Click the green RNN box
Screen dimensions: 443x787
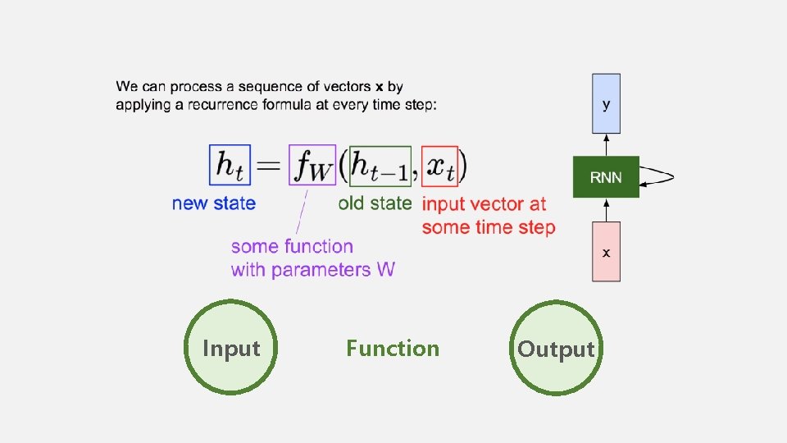pyautogui.click(x=606, y=177)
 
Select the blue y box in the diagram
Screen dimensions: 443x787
pyautogui.click(x=606, y=103)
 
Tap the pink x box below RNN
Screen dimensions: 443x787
pyautogui.click(x=606, y=251)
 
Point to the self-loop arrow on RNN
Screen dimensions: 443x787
pyautogui.click(x=661, y=176)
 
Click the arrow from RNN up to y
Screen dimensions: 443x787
pyautogui.click(x=606, y=144)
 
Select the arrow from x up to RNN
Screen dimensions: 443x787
pyautogui.click(x=606, y=209)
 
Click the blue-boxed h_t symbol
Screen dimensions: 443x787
pyautogui.click(x=230, y=166)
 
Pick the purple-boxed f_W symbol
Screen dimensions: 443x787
pyautogui.click(x=312, y=167)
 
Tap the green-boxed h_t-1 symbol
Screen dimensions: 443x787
pyautogui.click(x=380, y=167)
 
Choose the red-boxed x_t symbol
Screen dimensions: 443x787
pyautogui.click(x=439, y=167)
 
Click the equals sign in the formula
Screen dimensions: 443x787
pyautogui.click(x=270, y=167)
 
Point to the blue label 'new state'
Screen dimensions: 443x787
pyautogui.click(x=214, y=203)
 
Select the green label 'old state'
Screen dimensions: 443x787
pyautogui.click(x=375, y=203)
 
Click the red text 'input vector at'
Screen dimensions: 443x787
pyautogui.click(x=484, y=203)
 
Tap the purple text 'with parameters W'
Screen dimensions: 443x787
pyautogui.click(x=312, y=269)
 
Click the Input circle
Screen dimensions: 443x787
pyautogui.click(x=231, y=349)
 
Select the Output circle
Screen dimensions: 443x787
pyautogui.click(x=556, y=349)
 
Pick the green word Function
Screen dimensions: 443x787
pyautogui.click(x=393, y=349)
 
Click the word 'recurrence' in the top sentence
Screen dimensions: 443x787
pyautogui.click(x=229, y=104)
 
